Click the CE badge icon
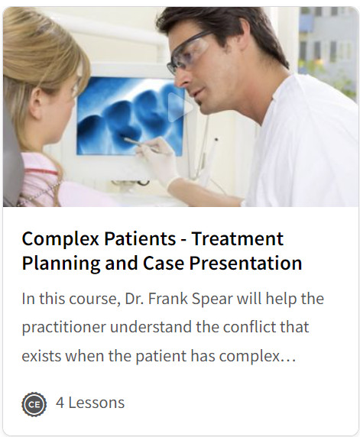(34, 403)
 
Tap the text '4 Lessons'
(90, 403)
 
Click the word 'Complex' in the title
(54, 238)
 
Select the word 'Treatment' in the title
(237, 238)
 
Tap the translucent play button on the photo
(180, 108)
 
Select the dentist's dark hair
(229, 27)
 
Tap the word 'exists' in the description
(44, 356)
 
